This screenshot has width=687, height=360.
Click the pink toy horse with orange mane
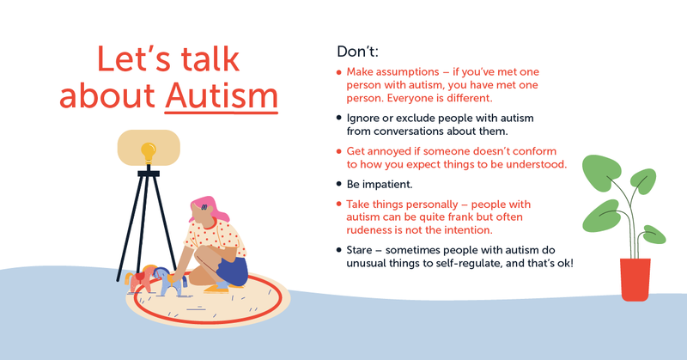click(x=140, y=279)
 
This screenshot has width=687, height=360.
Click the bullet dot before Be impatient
click(x=338, y=184)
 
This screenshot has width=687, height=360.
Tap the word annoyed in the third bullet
click(x=392, y=150)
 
